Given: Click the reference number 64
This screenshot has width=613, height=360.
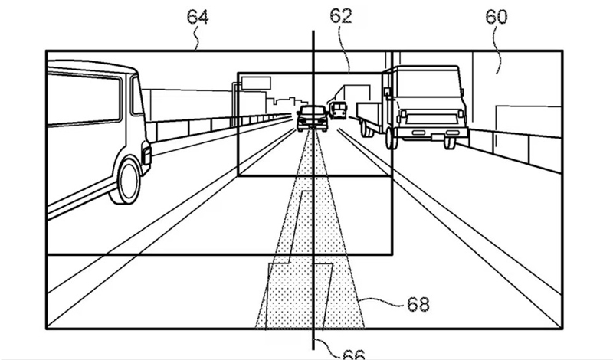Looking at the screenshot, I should [x=198, y=17].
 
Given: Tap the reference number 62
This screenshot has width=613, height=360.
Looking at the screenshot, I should [x=341, y=16].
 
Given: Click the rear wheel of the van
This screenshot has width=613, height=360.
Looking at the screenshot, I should [x=126, y=182].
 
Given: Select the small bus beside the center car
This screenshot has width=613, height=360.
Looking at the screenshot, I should [x=338, y=110].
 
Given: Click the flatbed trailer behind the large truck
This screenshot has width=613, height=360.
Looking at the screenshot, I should [x=369, y=116].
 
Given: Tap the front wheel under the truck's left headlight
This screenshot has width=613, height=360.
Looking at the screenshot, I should [x=392, y=138].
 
